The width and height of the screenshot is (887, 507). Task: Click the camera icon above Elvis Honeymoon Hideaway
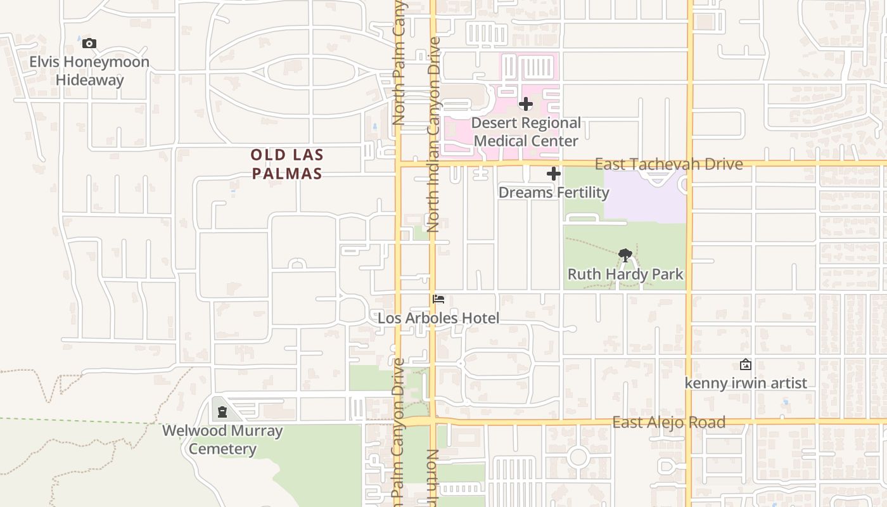[89, 44]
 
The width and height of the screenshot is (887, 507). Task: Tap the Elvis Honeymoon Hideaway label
[89, 71]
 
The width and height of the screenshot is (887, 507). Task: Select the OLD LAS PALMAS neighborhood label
[287, 164]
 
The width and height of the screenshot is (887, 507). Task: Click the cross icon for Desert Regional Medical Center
[526, 104]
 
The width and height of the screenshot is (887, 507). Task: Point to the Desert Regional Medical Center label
[526, 132]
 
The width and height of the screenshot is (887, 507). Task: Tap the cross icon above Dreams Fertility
[554, 174]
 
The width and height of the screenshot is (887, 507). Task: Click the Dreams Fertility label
[554, 192]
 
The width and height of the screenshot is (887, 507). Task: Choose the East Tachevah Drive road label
[668, 164]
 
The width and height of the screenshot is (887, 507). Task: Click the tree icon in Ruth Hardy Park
[625, 255]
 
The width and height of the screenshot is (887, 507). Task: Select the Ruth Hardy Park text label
[625, 274]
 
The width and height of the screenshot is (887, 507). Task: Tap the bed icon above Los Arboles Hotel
[438, 299]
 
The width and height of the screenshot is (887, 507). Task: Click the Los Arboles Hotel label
[438, 318]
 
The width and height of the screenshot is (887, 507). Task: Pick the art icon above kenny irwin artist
[746, 364]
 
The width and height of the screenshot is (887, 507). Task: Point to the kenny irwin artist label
[746, 383]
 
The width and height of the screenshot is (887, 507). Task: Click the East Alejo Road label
[668, 423]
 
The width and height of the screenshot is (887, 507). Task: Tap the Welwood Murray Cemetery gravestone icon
[222, 412]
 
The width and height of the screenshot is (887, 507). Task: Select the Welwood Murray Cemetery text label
[222, 440]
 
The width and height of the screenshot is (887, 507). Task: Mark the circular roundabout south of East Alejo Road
[578, 456]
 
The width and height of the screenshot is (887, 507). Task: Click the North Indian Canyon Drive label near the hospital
[434, 134]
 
